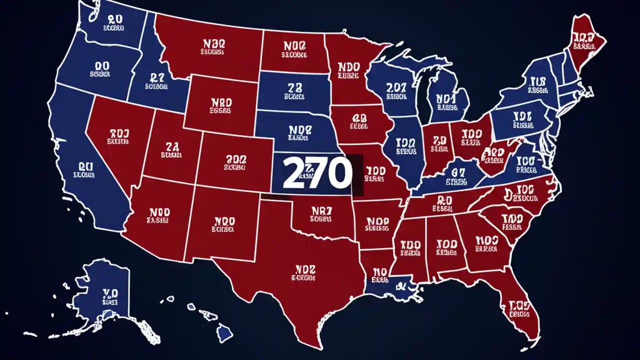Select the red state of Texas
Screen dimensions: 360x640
(300, 280)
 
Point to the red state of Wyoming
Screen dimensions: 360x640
(220, 105)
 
